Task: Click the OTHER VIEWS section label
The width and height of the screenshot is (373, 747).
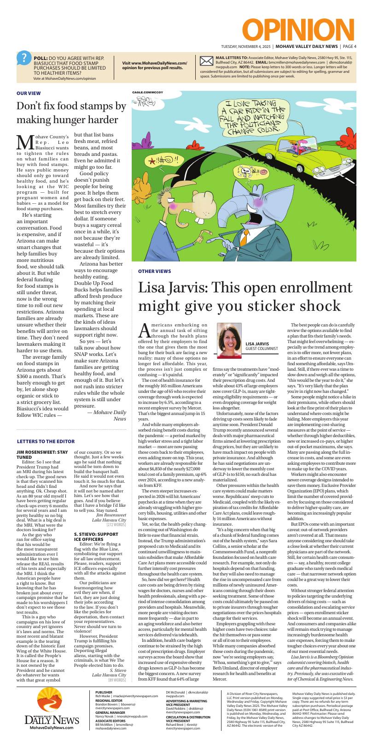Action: point(155,271)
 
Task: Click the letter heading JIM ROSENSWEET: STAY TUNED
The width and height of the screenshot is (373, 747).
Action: point(42,455)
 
